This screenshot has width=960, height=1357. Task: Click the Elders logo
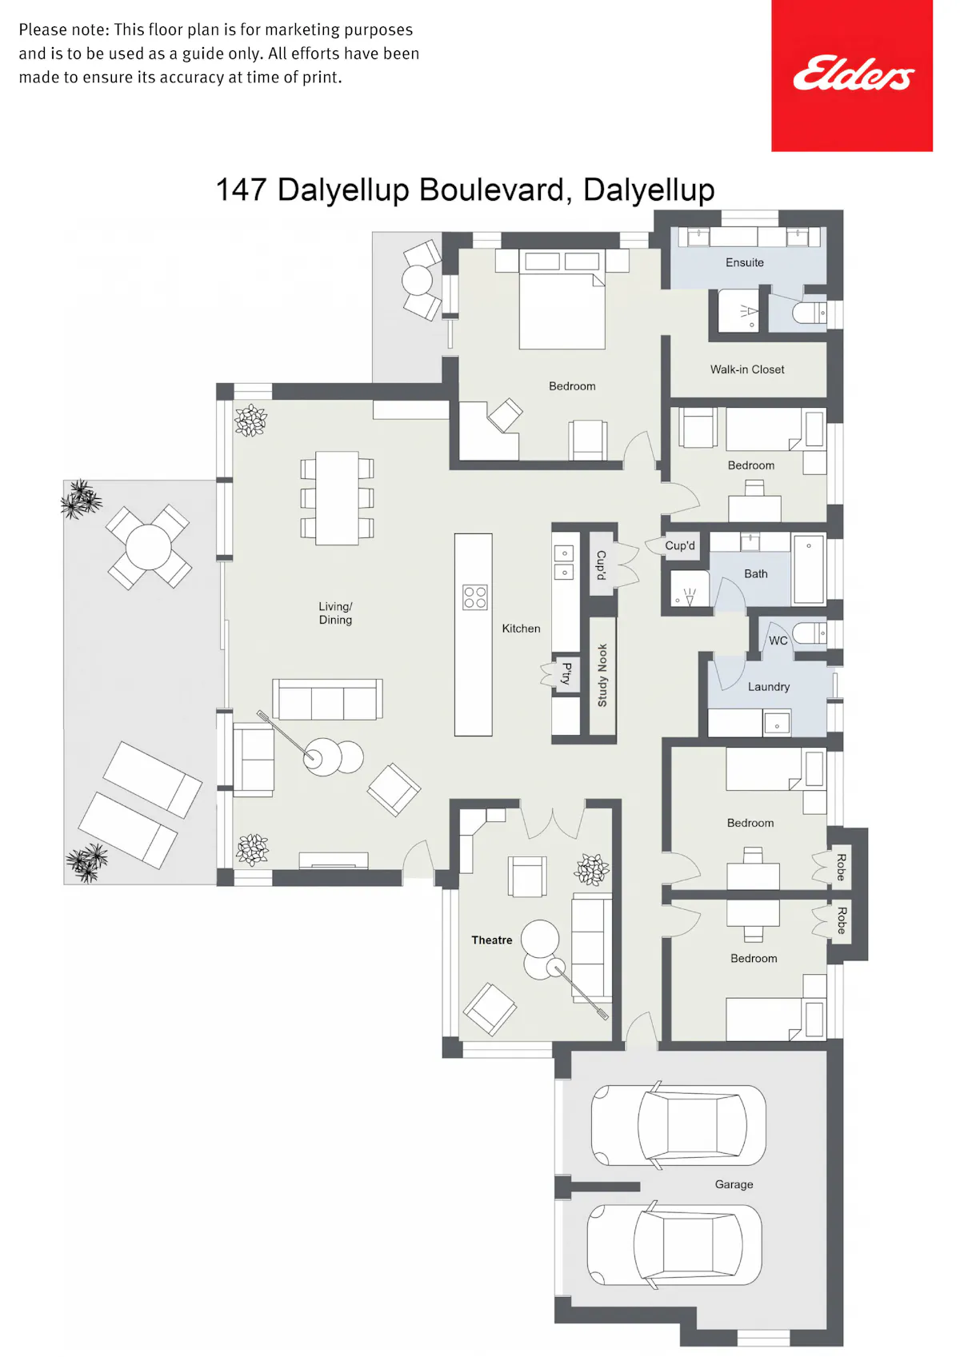854,74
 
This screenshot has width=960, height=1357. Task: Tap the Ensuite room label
744,262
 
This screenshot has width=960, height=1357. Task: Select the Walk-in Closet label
746,369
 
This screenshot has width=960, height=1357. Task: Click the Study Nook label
602,675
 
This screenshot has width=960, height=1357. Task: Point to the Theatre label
491,940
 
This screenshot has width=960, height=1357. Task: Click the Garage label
734,1183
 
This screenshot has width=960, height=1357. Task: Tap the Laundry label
769,686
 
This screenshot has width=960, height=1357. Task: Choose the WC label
778,641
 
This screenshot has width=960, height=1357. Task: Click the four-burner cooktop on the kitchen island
474,597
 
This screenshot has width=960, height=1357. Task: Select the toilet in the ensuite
810,313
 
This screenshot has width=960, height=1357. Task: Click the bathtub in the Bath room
809,569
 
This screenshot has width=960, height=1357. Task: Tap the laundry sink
776,724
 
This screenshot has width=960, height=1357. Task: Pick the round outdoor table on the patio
149,547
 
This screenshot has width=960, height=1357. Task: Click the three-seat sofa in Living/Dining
327,699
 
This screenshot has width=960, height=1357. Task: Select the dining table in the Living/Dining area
337,498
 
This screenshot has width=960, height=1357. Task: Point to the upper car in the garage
678,1125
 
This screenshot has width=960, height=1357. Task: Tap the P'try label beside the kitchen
566,673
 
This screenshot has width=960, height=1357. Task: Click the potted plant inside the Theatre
591,869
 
